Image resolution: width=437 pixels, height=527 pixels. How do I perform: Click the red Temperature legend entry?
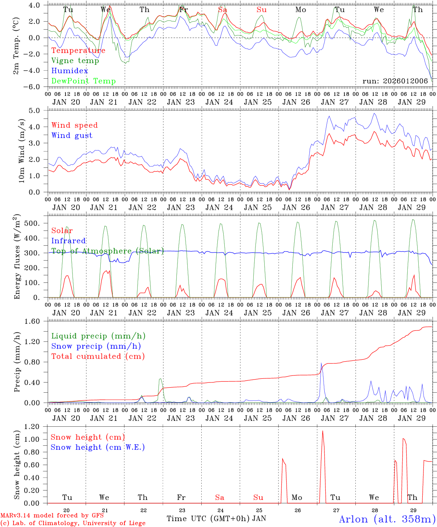pyautogui.click(x=78, y=51)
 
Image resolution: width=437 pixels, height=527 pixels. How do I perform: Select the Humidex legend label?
pyautogui.click(x=70, y=71)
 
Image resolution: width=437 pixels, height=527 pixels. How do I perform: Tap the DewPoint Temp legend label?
pyautogui.click(x=83, y=81)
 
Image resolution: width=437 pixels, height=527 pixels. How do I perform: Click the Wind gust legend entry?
pyautogui.click(x=72, y=135)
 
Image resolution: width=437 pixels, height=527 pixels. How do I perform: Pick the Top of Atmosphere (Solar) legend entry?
pyautogui.click(x=107, y=251)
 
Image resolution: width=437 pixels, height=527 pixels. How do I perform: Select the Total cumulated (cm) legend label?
pyautogui.click(x=98, y=356)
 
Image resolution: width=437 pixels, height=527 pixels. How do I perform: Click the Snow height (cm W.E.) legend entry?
pyautogui.click(x=98, y=447)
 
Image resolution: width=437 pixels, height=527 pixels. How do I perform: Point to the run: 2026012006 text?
pyautogui.click(x=395, y=81)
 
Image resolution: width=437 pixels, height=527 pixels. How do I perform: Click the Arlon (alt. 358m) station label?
pyautogui.click(x=387, y=519)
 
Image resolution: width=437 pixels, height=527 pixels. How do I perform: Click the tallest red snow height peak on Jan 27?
pyautogui.click(x=322, y=431)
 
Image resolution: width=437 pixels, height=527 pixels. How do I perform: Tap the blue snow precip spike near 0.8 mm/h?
pyautogui.click(x=321, y=363)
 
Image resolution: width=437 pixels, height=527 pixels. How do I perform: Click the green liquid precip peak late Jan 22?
pyautogui.click(x=160, y=379)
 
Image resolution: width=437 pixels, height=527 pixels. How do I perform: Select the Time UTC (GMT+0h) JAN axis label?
pyautogui.click(x=216, y=519)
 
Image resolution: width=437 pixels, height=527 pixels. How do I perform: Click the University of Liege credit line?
pyautogui.click(x=73, y=523)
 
